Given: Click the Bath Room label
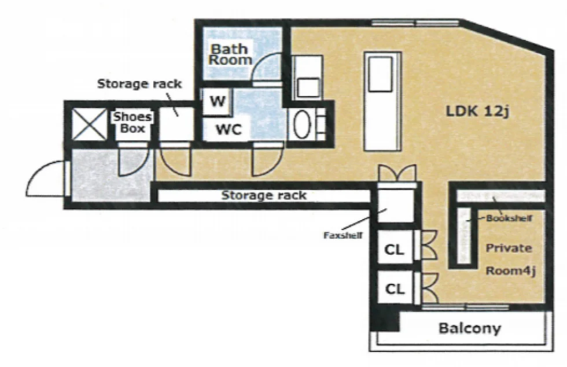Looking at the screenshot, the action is point(230,54).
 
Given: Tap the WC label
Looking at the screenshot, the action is point(229,129).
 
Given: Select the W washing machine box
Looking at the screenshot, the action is point(218,102).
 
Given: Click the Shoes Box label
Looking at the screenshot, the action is point(132,123).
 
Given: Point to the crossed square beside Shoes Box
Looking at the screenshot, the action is point(90,124).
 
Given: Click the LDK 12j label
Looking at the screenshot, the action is point(478,111).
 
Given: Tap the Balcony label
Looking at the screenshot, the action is point(470,328).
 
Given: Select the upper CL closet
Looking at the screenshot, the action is point(395,249).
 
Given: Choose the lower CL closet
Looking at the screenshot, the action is point(395,288).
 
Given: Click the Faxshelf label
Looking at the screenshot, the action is point(343,236).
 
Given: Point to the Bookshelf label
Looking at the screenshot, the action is point(509,218).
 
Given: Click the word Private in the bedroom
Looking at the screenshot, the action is point(509,248).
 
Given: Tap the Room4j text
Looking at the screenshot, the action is point(510,270).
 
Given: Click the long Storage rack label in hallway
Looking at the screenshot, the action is point(264,195).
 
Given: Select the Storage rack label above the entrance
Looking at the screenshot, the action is point(139,84).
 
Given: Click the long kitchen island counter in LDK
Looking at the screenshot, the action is point(383,101).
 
